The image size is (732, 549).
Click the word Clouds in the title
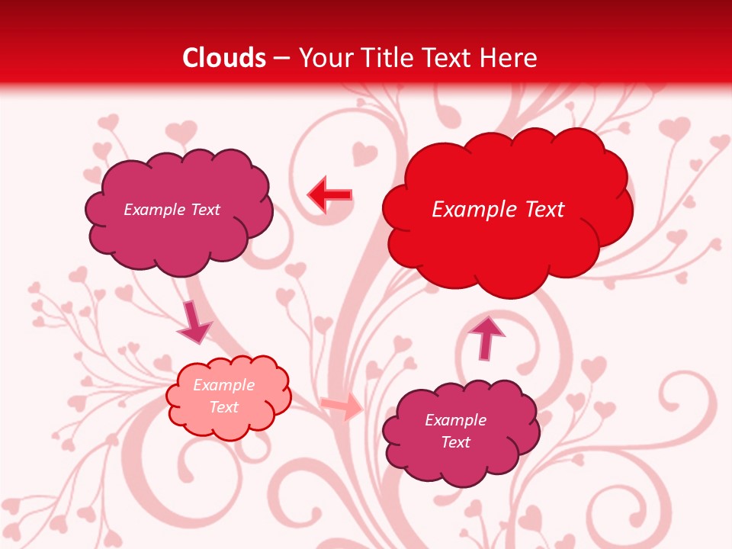(224, 58)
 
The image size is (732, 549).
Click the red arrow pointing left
(329, 195)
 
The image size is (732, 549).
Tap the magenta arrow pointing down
(194, 324)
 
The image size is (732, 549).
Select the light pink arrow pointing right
(342, 407)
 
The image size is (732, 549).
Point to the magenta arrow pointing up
(486, 337)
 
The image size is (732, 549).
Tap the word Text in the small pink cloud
(223, 407)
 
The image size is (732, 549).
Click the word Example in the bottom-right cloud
(455, 420)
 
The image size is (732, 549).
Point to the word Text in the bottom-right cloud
(455, 442)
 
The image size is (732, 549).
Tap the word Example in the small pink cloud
(223, 385)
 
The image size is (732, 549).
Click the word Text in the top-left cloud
(205, 210)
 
